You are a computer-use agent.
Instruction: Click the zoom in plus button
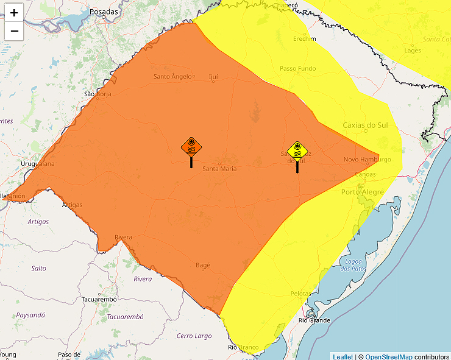coord(14,13)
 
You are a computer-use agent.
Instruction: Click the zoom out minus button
coord(14,30)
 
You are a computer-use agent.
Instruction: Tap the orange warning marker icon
coord(191,148)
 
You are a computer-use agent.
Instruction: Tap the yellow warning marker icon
coord(297,150)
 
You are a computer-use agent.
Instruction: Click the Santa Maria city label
coord(219,169)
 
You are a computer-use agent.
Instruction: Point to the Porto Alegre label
coord(363,192)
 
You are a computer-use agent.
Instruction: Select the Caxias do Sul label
coord(365,125)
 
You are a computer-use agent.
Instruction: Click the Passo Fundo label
coord(298,69)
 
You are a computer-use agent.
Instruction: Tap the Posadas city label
coord(104,12)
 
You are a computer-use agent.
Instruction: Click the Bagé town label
coord(203,265)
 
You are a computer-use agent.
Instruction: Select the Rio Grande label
coord(314,320)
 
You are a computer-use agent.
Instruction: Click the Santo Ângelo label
coord(172,76)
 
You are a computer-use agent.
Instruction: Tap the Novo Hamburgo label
coord(367,160)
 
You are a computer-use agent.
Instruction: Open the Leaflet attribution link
coord(343,356)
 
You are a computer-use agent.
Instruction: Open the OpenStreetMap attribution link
coord(388,356)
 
